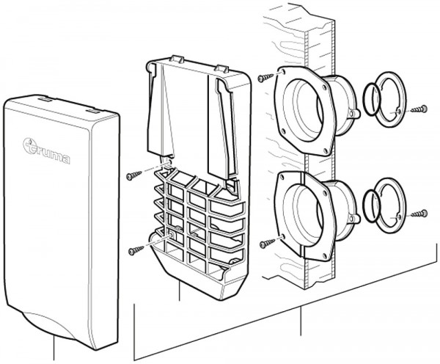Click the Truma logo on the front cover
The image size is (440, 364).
coord(47,151)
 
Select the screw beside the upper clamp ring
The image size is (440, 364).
coord(420,109)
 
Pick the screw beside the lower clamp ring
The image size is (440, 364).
coord(419,214)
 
